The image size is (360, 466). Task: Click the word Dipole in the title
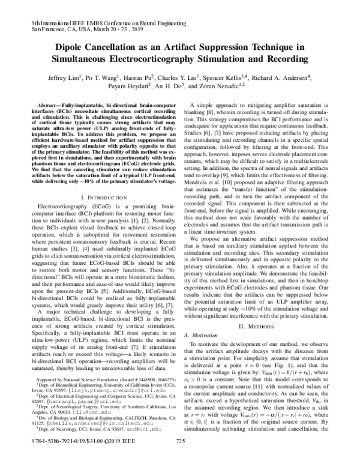tap(71, 47)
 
